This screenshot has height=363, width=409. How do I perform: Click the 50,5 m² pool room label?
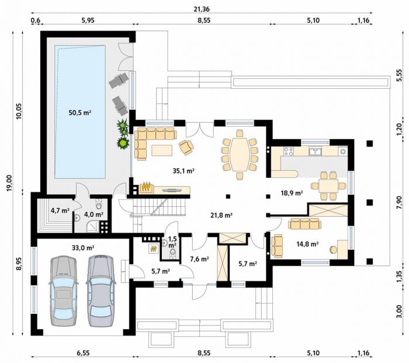(80, 113)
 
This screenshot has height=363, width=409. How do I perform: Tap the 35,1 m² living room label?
(184, 171)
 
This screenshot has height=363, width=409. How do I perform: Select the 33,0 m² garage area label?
(83, 248)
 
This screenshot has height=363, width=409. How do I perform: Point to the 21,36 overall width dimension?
(202, 9)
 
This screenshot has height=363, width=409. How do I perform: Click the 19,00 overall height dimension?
(10, 183)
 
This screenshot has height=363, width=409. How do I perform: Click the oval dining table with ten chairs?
(240, 155)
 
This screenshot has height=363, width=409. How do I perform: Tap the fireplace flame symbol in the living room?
(146, 187)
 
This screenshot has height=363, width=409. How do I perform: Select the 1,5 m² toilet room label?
(172, 242)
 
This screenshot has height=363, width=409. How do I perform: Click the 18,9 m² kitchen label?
(292, 193)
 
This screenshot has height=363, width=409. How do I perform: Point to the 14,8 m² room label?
(307, 244)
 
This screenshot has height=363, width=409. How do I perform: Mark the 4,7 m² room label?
(60, 210)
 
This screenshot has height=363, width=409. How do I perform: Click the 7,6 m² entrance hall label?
(199, 259)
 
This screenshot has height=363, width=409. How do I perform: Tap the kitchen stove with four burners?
(289, 151)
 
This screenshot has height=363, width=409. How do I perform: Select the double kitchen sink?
(316, 151)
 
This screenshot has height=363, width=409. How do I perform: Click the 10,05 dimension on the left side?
(19, 112)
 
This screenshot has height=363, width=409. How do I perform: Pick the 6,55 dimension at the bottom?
(83, 353)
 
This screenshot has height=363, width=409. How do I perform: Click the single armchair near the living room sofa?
(186, 147)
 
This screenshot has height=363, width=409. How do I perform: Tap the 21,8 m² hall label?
(221, 215)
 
